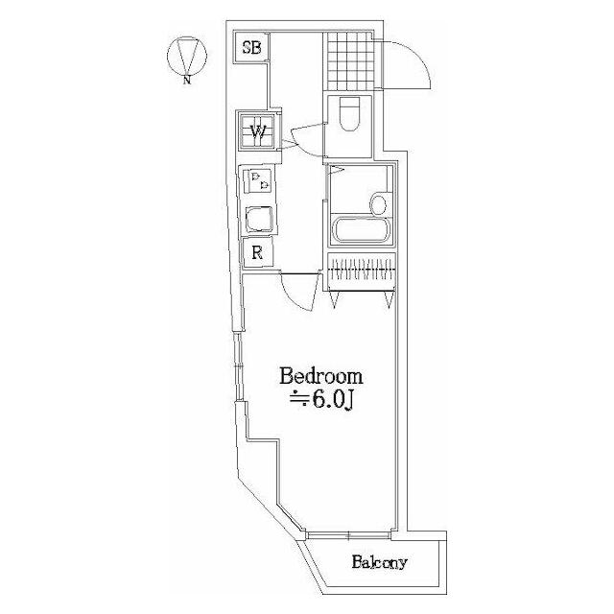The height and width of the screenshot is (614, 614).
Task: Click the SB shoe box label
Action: tap(251, 48)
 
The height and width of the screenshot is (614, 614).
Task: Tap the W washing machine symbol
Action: tap(257, 131)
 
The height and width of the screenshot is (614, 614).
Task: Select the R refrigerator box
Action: tap(257, 252)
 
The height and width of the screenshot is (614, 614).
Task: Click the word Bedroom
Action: tap(321, 376)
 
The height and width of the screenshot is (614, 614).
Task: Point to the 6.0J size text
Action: tap(322, 401)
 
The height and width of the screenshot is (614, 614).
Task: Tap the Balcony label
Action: tap(379, 562)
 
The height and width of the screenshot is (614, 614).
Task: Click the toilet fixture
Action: tap(349, 113)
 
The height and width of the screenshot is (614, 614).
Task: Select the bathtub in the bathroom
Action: tap(363, 231)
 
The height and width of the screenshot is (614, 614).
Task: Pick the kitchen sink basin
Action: tap(258, 220)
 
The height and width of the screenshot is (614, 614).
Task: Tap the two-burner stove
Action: tap(258, 181)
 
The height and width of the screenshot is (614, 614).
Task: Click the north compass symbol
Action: tap(187, 56)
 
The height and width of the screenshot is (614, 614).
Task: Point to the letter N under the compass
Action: tap(188, 81)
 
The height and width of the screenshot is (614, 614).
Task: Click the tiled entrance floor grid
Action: tap(349, 60)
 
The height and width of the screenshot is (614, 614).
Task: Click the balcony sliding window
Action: tap(348, 534)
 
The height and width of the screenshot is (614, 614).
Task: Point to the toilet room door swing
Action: tap(305, 139)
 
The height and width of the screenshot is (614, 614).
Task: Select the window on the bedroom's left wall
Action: tap(237, 366)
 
